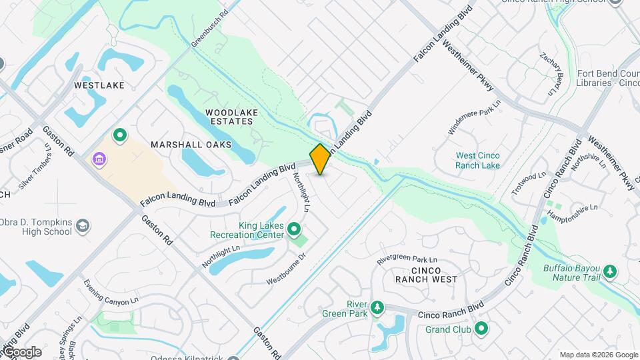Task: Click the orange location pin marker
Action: pos(321,159)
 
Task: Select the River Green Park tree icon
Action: pos(378,307)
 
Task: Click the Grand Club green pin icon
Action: pos(481,329)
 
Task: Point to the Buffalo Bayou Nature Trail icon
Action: pos(609,272)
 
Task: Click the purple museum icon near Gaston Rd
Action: pos(99,160)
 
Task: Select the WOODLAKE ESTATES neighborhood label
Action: pos(229,117)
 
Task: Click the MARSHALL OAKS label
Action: pos(191,144)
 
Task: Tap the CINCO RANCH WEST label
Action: pos(426,274)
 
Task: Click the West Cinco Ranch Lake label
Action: pos(477,160)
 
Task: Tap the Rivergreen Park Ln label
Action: pos(407,259)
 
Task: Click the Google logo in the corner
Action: pos(22,351)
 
